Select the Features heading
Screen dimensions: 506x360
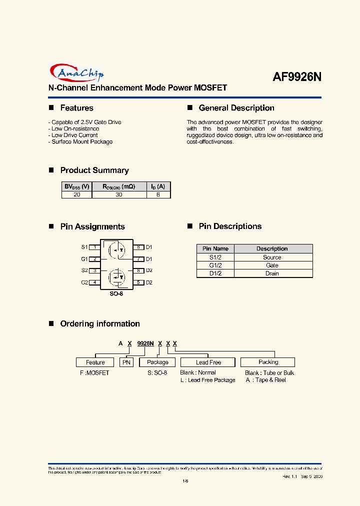point(76,108)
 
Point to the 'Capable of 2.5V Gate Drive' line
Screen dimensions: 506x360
point(86,122)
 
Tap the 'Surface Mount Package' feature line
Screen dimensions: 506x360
point(82,141)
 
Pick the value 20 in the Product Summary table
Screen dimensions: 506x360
point(76,194)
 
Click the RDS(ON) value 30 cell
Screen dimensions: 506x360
point(119,194)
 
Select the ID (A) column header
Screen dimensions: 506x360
point(158,186)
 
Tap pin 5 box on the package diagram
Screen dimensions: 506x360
point(137,282)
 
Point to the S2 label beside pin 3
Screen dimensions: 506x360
point(84,270)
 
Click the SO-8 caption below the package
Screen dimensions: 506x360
point(116,294)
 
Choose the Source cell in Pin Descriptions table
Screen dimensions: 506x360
point(272,257)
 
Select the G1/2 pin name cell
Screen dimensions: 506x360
point(215,265)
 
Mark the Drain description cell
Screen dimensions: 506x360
point(272,273)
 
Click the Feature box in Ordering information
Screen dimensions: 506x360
point(95,362)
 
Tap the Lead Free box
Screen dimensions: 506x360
point(208,362)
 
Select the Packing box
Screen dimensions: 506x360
point(268,362)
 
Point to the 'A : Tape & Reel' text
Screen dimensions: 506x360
point(265,380)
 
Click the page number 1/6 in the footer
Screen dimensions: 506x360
point(185,481)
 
